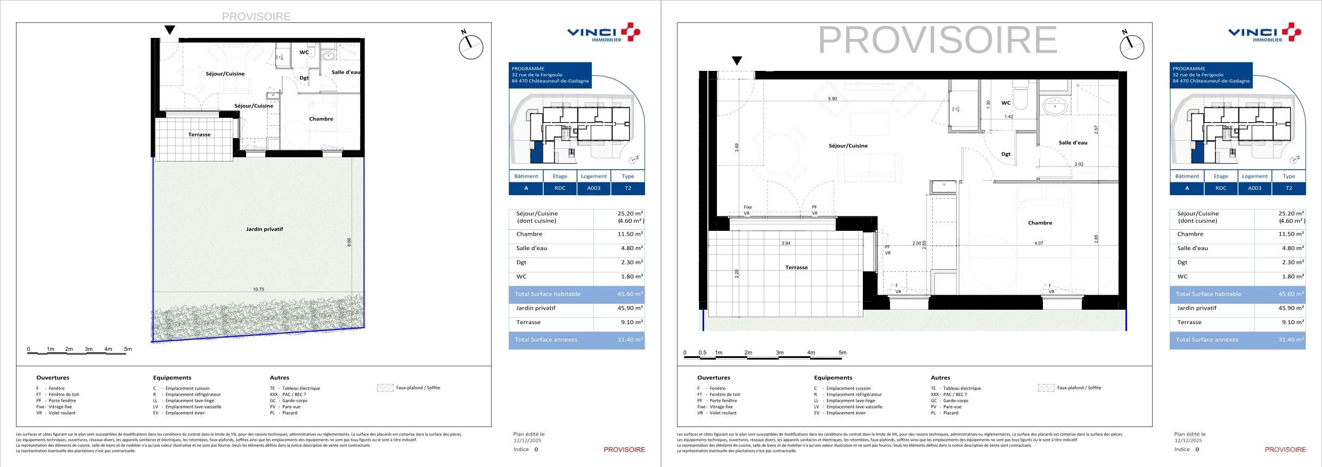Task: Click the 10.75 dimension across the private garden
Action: click(258, 289)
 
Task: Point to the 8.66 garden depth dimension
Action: click(349, 242)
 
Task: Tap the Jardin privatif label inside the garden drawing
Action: click(264, 229)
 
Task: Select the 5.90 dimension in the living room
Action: click(832, 99)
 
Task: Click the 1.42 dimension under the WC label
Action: click(1009, 117)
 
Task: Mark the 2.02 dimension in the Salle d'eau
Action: click(1079, 164)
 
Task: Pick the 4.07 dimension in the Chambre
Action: click(1038, 243)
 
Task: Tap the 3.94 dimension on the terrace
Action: click(786, 243)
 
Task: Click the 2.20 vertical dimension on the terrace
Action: click(737, 273)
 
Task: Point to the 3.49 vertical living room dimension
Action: click(737, 147)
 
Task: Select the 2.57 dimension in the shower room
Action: click(1096, 130)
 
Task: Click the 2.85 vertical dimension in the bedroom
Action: click(1096, 239)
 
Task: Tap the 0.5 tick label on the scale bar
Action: click(702, 352)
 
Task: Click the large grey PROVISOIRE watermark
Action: click(937, 40)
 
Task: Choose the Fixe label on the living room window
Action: click(748, 207)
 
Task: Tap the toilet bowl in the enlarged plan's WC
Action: click(1022, 100)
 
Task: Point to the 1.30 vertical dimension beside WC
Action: click(989, 104)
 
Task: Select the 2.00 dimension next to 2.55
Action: click(916, 243)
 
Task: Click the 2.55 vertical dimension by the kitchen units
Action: click(924, 245)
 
